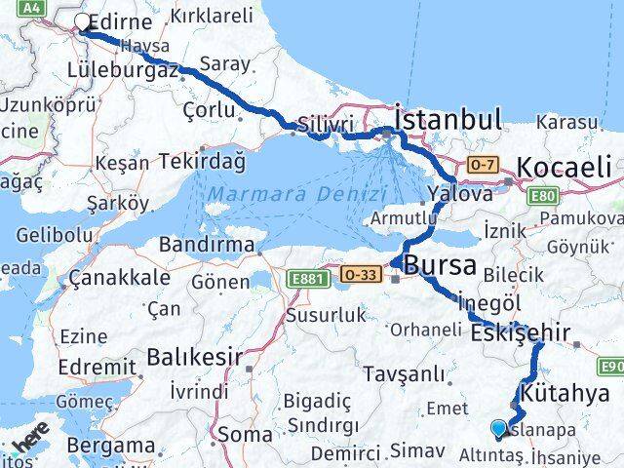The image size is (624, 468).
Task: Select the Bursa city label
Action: tap(440, 264)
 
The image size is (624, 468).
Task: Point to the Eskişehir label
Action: tap(520, 332)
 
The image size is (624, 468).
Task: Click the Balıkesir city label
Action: tap(194, 357)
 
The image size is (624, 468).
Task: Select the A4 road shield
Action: tap(32, 7)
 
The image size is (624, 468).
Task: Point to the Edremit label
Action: tap(97, 367)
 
